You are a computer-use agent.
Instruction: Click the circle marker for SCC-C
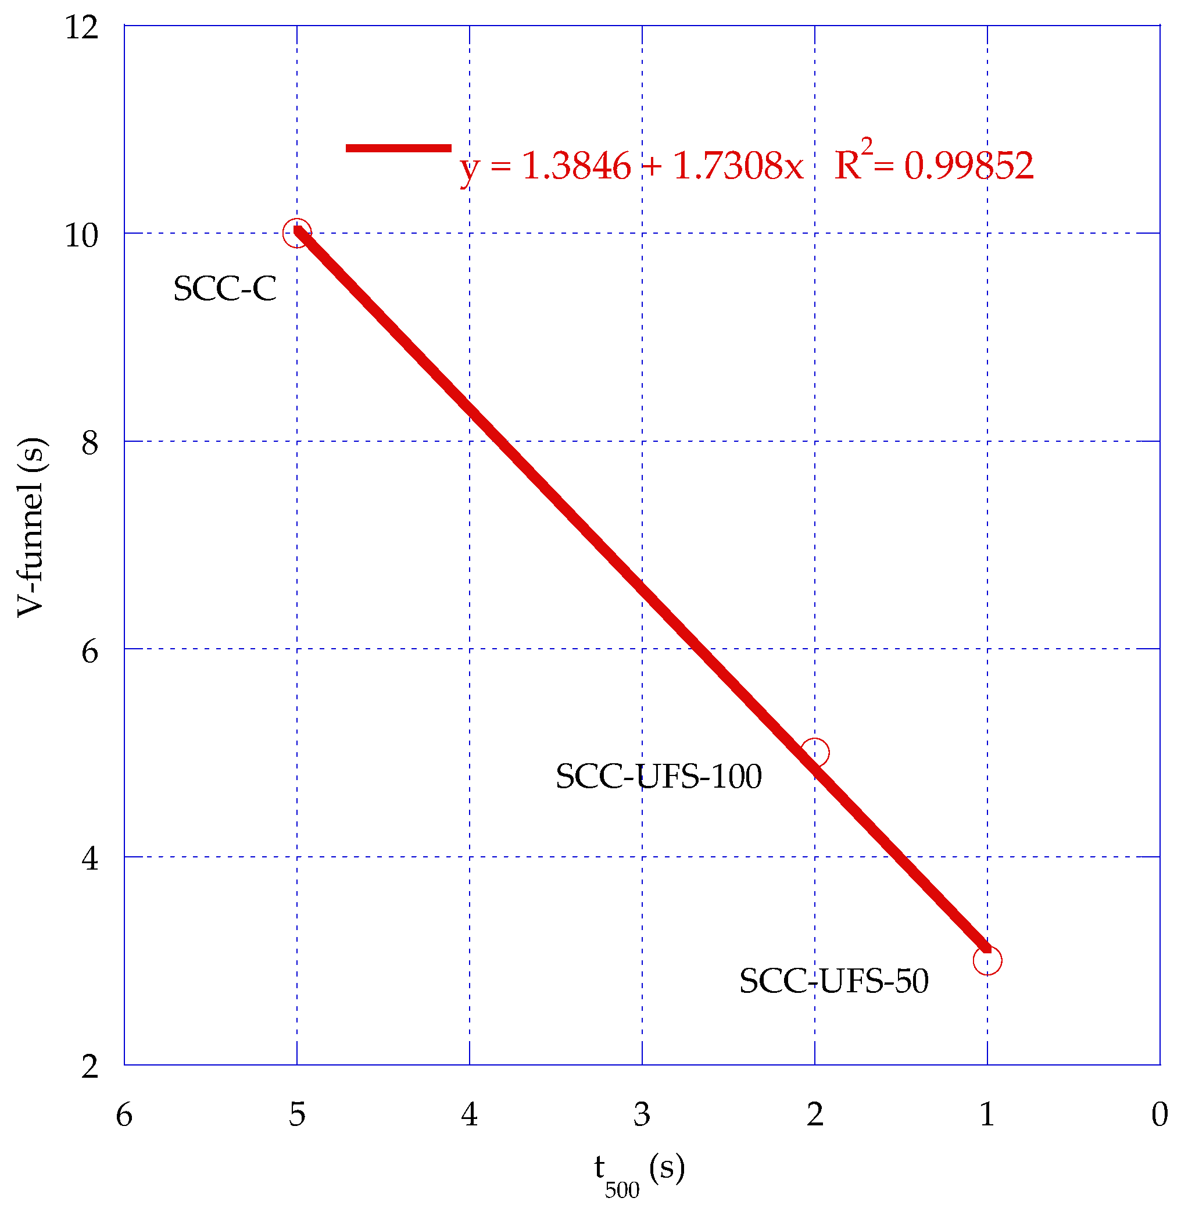pyautogui.click(x=297, y=233)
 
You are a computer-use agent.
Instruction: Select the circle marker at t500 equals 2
pyautogui.click(x=814, y=752)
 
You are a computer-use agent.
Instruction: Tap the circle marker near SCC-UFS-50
pyautogui.click(x=987, y=960)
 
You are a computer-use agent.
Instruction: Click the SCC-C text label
pyautogui.click(x=224, y=289)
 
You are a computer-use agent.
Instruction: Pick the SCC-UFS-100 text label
pyautogui.click(x=658, y=777)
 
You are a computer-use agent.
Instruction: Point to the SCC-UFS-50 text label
pyautogui.click(x=833, y=981)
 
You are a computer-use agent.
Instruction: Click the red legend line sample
pyautogui.click(x=398, y=148)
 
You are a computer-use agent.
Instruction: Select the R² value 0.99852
pyautogui.click(x=969, y=166)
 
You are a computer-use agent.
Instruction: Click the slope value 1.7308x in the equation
pyautogui.click(x=738, y=166)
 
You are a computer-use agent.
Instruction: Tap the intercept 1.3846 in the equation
pyautogui.click(x=576, y=166)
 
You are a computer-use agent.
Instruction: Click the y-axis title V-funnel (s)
pyautogui.click(x=31, y=527)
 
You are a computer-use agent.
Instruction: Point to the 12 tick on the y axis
pyautogui.click(x=82, y=28)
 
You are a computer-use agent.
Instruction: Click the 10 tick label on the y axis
pyautogui.click(x=82, y=235)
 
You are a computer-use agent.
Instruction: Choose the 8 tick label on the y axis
pyautogui.click(x=90, y=444)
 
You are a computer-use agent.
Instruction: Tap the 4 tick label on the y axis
pyautogui.click(x=90, y=859)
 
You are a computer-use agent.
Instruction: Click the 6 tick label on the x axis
pyautogui.click(x=124, y=1114)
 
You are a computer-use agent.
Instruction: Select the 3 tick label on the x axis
pyautogui.click(x=642, y=1114)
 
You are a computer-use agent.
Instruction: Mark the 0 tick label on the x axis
pyautogui.click(x=1159, y=1114)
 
